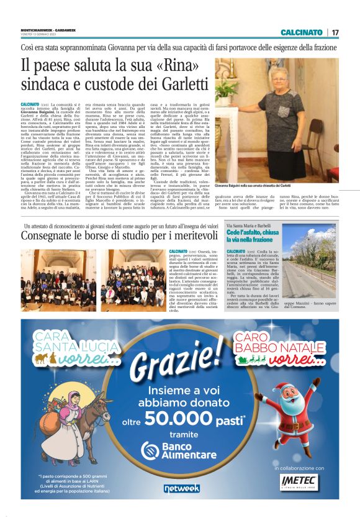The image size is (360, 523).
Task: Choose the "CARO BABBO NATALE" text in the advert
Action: tap(279, 343)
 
